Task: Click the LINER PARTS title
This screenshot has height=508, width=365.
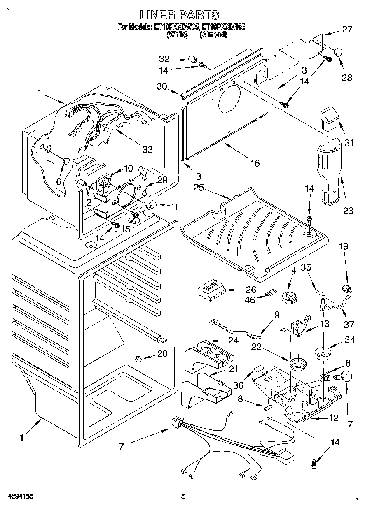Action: [179, 15]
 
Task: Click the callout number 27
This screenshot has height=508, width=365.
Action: [347, 29]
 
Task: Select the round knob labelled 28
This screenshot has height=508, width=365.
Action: [338, 52]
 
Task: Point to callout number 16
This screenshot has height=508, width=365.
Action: [255, 163]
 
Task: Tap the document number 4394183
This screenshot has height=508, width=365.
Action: [20, 496]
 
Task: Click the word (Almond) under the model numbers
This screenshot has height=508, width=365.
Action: [213, 35]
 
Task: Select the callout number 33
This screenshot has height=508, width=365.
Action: [147, 149]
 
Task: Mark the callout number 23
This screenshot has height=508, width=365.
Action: [348, 211]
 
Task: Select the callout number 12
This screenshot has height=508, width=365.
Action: [333, 418]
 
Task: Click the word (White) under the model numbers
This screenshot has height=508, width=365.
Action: [177, 35]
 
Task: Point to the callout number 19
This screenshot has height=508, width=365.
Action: [343, 247]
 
